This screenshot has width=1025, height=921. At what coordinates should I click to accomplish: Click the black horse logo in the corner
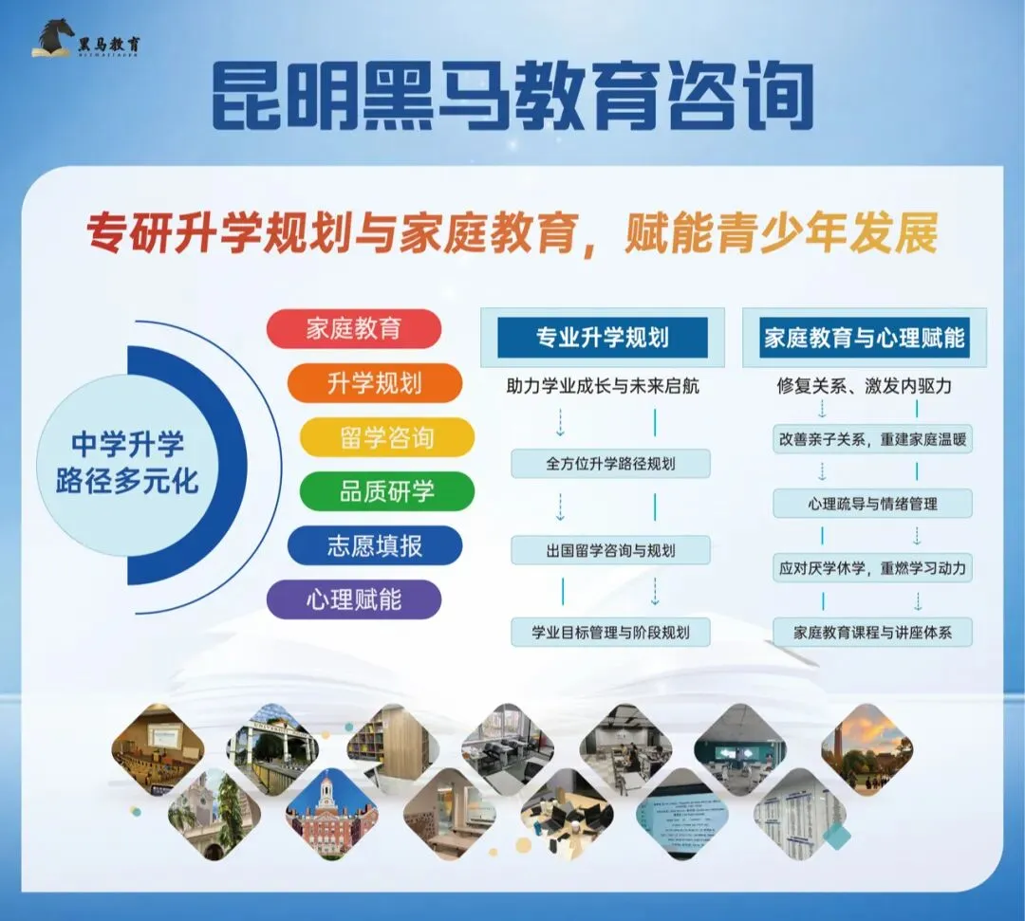[x=54, y=37]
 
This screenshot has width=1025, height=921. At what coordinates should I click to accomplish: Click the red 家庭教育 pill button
[x=354, y=329]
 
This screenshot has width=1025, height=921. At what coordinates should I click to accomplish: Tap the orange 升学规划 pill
[x=374, y=383]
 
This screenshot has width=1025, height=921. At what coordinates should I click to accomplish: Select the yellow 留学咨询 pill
[x=386, y=437]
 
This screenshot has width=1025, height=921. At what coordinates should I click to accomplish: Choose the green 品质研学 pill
[x=386, y=491]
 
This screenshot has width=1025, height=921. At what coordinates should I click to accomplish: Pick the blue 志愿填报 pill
[x=374, y=545]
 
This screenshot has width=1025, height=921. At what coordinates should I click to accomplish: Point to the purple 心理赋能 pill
[x=354, y=599]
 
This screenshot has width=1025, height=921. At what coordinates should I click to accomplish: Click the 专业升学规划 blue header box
[x=603, y=338]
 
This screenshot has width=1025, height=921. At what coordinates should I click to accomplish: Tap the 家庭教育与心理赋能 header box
[x=864, y=338]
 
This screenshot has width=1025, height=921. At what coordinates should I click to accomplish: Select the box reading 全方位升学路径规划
[x=610, y=464]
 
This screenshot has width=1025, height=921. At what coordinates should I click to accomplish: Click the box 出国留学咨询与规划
[x=610, y=550]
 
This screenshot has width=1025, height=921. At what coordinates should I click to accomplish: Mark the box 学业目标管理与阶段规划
[x=610, y=632]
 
